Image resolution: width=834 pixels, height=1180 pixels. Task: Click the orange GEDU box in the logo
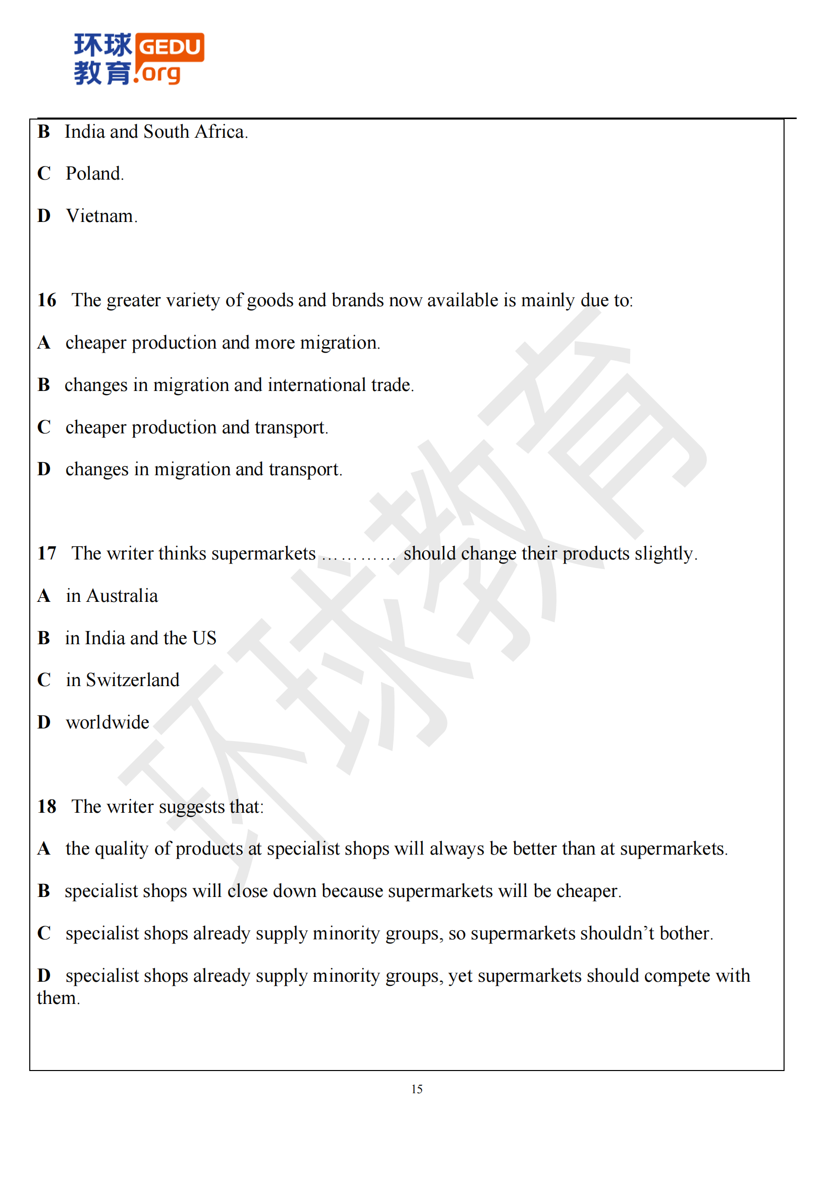tap(170, 47)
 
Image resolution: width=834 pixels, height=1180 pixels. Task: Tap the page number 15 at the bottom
tap(417, 1089)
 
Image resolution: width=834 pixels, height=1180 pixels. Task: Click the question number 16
tap(47, 300)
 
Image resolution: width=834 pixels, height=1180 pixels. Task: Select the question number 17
tap(47, 553)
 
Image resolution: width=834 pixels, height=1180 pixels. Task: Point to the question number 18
tap(47, 807)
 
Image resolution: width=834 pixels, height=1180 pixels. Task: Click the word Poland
tap(94, 174)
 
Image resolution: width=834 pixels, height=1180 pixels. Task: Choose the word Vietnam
tap(102, 216)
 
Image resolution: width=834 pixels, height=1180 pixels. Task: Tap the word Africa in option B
tap(221, 132)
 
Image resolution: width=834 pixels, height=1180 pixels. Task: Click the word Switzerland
tap(133, 681)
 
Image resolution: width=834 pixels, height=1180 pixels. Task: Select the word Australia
tap(122, 596)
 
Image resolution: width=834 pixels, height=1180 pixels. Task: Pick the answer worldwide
tap(107, 722)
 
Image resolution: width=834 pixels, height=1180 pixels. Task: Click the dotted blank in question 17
tap(359, 555)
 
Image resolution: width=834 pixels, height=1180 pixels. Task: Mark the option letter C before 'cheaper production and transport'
tap(44, 427)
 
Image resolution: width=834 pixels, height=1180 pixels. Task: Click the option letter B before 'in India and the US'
tap(44, 638)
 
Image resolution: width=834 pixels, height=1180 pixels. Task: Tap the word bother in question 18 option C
tap(686, 933)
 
